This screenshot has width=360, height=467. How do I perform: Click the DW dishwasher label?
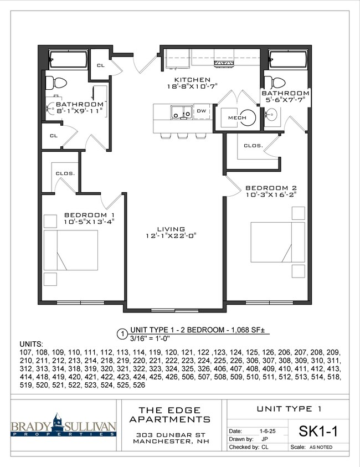202,111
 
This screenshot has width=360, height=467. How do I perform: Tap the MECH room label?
237,117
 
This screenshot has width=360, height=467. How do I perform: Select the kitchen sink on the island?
181,112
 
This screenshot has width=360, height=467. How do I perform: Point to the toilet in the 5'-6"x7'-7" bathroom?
275,81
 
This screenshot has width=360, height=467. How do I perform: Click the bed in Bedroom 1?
71,250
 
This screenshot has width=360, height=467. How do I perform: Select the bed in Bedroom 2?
278,242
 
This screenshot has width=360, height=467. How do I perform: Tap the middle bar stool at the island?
182,136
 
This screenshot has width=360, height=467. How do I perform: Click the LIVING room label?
171,229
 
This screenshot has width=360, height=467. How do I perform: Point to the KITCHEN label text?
192,80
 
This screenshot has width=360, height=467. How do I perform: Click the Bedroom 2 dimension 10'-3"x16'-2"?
271,194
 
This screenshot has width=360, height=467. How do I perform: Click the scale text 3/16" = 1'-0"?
150,338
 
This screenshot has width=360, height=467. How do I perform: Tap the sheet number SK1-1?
318,431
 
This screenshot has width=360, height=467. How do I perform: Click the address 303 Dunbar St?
169,435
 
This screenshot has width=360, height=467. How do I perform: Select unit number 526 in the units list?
139,385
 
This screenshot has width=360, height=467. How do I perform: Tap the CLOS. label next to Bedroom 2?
254,146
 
